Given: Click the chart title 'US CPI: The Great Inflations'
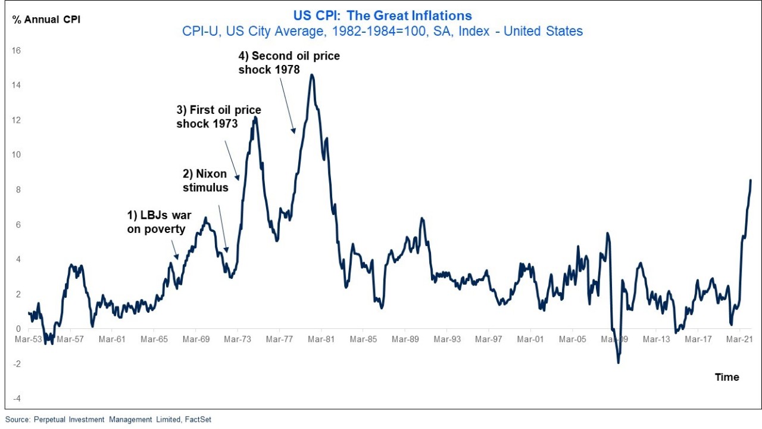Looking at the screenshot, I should click(x=382, y=16).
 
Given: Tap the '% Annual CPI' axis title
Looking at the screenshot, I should click(x=46, y=19).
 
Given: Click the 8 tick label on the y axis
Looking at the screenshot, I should click(x=18, y=189).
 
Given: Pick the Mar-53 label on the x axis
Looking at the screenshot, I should click(x=28, y=340).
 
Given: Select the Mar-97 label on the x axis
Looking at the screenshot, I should click(x=489, y=340).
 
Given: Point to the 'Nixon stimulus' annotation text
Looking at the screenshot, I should click(x=205, y=181).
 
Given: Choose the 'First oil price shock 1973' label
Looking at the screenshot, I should click(x=218, y=117).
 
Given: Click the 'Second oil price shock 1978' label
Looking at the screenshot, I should click(x=289, y=63).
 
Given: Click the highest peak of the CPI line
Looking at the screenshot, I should click(x=311, y=75).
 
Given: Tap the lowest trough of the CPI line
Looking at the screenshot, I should click(x=618, y=362).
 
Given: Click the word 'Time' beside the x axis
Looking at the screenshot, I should click(x=727, y=377).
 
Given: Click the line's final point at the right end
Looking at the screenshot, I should click(x=750, y=180).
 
